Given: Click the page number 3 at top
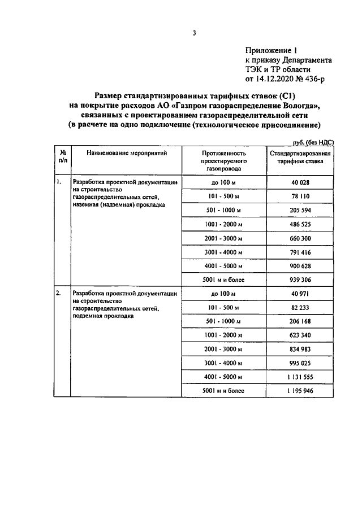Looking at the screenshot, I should click(194, 33).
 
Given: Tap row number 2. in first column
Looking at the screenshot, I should click(58, 294).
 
